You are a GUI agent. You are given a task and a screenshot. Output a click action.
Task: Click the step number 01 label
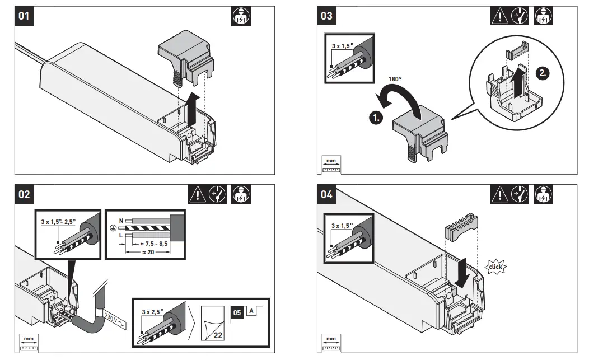[x=24, y=16]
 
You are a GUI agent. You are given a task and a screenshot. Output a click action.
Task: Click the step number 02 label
[x=24, y=195]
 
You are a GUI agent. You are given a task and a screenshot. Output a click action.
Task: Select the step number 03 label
[x=326, y=16]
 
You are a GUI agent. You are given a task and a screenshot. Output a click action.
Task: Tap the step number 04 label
[x=326, y=195]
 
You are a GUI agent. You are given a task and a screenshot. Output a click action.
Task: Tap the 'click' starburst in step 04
[x=495, y=267]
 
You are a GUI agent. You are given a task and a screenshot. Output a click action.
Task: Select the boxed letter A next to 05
[x=252, y=310]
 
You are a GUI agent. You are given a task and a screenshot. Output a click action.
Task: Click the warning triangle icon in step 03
[x=499, y=16]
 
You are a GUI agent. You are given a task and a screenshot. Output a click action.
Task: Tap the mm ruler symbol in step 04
[x=331, y=341]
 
